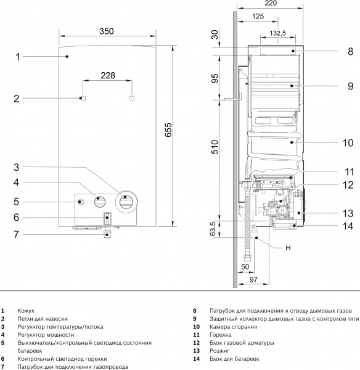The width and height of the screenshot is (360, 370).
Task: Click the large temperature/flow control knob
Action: (x=126, y=200)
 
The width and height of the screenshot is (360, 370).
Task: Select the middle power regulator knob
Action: (x=100, y=201)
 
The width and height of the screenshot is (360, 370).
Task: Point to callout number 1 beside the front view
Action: (x=18, y=57)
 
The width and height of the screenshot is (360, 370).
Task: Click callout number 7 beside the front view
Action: (x=17, y=234)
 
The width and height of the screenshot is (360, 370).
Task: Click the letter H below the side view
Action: (x=287, y=249)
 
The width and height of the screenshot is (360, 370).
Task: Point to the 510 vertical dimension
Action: (x=216, y=149)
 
